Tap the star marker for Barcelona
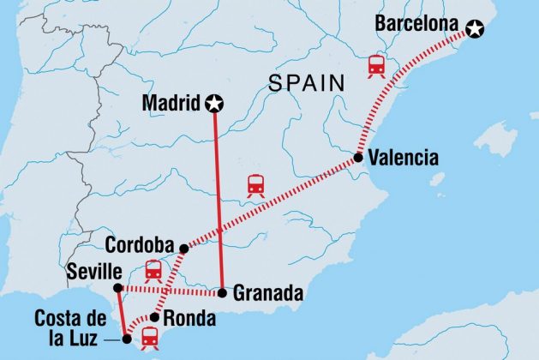[475, 31]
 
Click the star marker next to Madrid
[214, 104]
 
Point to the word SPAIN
[307, 83]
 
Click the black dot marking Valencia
[358, 158]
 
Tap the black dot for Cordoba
[184, 249]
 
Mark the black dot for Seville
[117, 287]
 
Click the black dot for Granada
[222, 293]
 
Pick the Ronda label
[185, 316]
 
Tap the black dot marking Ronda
[155, 317]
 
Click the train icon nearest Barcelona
[375, 66]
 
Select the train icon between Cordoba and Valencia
[255, 185]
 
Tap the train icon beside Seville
[153, 270]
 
